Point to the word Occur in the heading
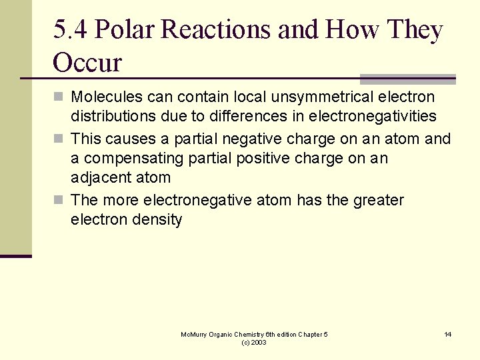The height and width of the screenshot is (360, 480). pyautogui.click(x=87, y=63)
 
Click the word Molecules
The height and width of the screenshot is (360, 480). pyautogui.click(x=107, y=97)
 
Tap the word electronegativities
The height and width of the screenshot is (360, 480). pyautogui.click(x=366, y=117)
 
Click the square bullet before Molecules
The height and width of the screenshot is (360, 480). pyautogui.click(x=59, y=98)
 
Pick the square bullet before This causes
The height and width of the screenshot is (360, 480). pyautogui.click(x=59, y=140)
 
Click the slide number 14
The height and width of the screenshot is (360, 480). pyautogui.click(x=447, y=334)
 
